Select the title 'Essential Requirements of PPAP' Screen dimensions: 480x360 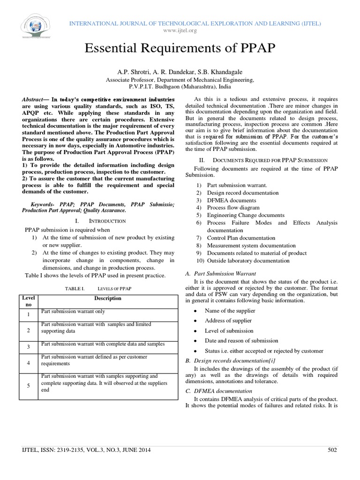click(x=180, y=48)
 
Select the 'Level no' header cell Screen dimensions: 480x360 click(x=28, y=301)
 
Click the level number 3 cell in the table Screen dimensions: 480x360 click(x=28, y=347)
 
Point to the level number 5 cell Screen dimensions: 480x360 click(x=28, y=385)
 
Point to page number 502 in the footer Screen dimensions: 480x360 click(x=332, y=450)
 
